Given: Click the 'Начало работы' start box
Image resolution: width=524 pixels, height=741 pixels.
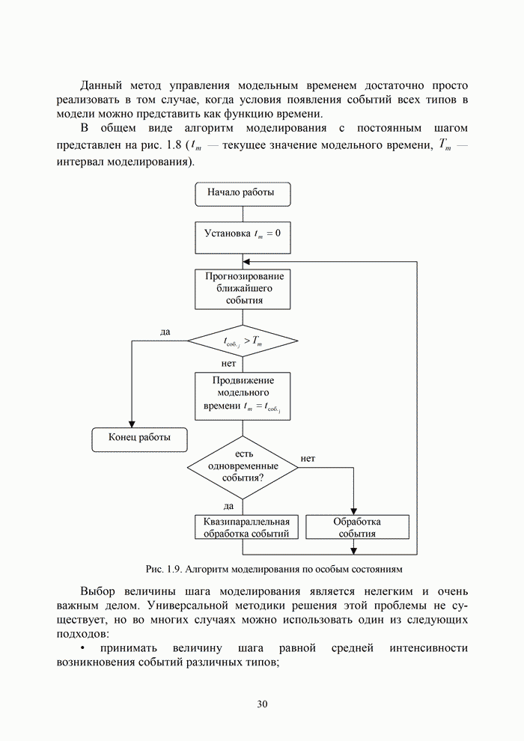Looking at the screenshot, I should click(x=243, y=194).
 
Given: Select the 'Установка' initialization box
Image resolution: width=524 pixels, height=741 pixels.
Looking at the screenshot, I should click(x=243, y=235).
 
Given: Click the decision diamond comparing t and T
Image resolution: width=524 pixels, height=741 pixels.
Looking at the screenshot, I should click(x=243, y=342).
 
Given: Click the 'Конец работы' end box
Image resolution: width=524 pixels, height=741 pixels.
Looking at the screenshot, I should click(x=139, y=439).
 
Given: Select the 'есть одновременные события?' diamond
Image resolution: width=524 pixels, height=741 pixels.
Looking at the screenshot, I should click(x=243, y=467).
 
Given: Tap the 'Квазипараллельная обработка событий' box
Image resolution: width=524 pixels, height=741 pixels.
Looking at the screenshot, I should click(x=246, y=528).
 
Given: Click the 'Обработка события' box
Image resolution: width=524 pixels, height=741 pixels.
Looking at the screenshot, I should click(x=358, y=528).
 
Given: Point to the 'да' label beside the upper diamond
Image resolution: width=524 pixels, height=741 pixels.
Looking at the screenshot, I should click(x=165, y=332).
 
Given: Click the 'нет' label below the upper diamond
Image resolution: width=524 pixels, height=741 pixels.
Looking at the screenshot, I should click(x=229, y=364).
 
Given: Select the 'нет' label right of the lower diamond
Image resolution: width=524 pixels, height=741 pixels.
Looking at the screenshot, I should click(x=308, y=458).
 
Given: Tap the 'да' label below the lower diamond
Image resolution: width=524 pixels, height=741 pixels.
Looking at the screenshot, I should click(x=229, y=506).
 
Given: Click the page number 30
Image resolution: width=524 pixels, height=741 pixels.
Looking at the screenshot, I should click(x=262, y=704).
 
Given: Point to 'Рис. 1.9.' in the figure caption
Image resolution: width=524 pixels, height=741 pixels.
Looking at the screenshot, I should click(x=163, y=567).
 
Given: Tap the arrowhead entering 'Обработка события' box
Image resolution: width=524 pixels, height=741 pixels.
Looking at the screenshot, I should click(x=353, y=511).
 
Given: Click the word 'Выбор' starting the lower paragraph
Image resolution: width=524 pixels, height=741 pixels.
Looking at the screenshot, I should click(x=101, y=591).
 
